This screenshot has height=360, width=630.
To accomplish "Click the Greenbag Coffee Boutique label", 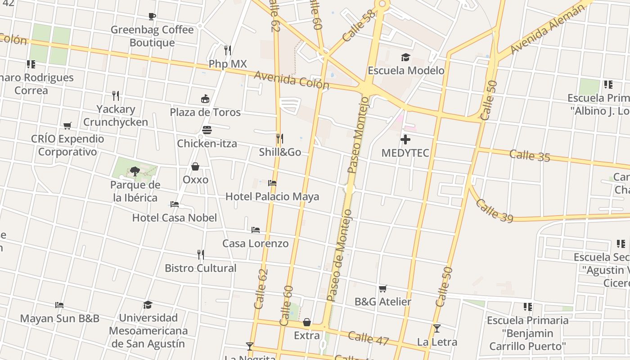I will coord(152,36).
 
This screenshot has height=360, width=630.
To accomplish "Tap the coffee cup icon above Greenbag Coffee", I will coord(152,17).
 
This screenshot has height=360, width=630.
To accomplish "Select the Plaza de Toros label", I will coord(205,112).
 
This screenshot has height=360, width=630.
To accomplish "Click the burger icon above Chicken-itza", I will coord(207,130).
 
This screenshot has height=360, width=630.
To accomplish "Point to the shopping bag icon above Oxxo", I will coord(195,167).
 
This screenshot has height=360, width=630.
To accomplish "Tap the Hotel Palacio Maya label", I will coord(272,197).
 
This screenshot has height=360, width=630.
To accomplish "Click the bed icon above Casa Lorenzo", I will coord(256,230).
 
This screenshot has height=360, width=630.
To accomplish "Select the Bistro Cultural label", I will coord(201,268).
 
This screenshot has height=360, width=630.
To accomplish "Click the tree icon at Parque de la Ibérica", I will coord(135,171).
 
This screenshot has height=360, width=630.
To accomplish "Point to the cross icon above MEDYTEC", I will coord(405,139).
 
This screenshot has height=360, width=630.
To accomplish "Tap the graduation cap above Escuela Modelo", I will coord(405,57).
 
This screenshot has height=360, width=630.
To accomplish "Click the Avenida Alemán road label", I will coord(548,29).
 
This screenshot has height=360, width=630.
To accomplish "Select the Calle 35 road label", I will coord(530,156).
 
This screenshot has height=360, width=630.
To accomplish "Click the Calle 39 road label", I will coord(494,211).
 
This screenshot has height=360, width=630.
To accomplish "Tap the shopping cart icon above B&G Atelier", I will coord(382,288).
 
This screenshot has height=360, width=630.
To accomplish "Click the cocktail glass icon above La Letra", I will coord(436,328).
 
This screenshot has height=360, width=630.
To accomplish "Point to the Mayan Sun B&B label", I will coord(60,319).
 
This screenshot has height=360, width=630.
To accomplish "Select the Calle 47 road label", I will coord(368,338).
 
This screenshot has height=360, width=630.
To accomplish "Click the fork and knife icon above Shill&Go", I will coord(279,138).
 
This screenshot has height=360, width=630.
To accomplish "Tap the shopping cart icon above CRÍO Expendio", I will coord(67,126).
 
